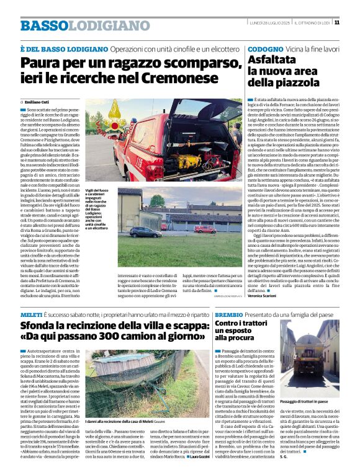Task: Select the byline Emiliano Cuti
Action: (37, 102)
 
